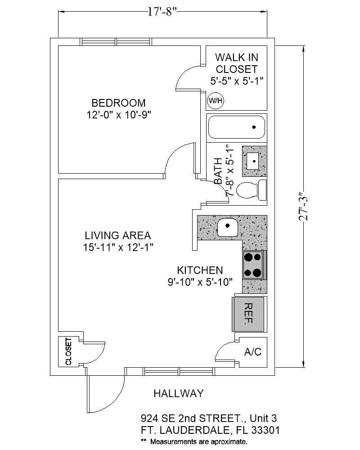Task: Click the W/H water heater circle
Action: pyautogui.click(x=215, y=101)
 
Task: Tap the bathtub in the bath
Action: pyautogui.click(x=236, y=127)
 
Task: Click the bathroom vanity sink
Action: pyautogui.click(x=254, y=160)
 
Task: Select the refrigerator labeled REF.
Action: pyautogui.click(x=248, y=314)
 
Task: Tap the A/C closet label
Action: pyautogui.click(x=252, y=352)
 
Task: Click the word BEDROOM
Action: pyautogui.click(x=118, y=103)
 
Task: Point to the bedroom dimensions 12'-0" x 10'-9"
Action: pyautogui.click(x=118, y=115)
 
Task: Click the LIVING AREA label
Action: pyautogui.click(x=118, y=235)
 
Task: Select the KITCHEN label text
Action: pyautogui.click(x=200, y=270)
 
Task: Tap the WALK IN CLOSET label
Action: pyautogui.click(x=237, y=63)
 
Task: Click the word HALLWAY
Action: pyautogui.click(x=178, y=393)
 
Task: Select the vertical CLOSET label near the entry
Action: pyautogui.click(x=68, y=351)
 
